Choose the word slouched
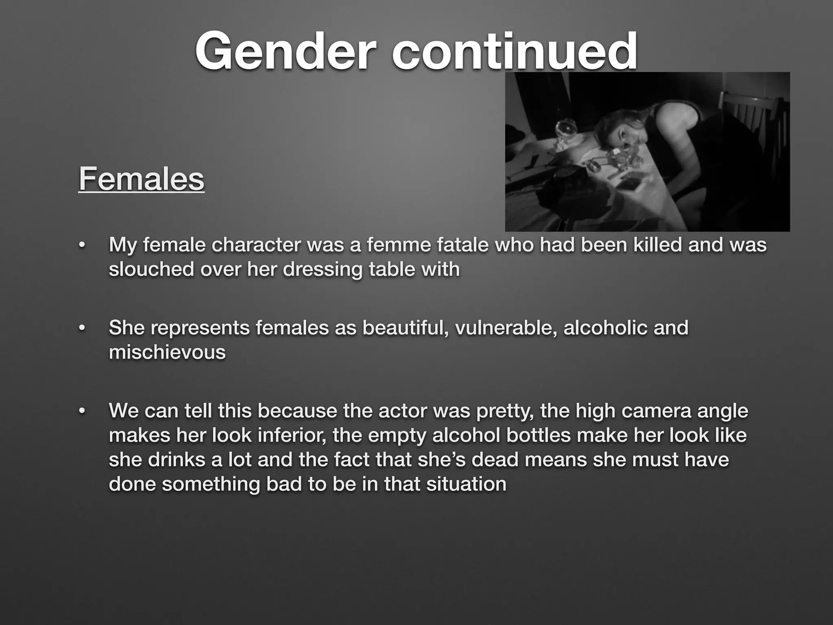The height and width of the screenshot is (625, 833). [151, 269]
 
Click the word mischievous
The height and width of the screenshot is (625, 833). [167, 352]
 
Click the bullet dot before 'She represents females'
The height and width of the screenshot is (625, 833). [82, 328]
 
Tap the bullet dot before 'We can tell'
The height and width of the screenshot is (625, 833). [82, 411]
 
